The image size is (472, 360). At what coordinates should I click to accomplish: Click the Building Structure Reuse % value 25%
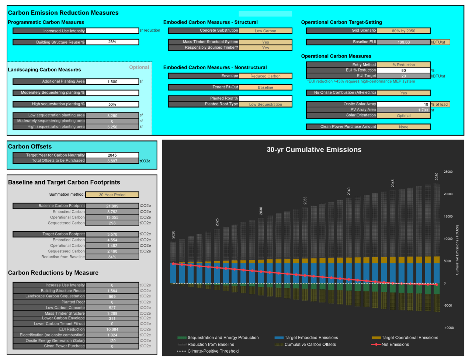coord(112,42)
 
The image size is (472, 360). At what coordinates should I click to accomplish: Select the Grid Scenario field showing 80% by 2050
coord(403,31)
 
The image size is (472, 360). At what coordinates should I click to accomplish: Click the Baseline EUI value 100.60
coord(403,42)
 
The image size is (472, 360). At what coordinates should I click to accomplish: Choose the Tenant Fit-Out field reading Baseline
coord(265,87)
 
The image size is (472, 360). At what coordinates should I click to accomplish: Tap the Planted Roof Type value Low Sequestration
coord(265,104)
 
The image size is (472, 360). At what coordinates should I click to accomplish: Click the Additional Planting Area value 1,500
coord(112,82)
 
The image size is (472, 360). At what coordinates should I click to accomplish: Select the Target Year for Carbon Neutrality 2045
coord(112,155)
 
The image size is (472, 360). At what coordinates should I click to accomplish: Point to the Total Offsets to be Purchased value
coord(112,161)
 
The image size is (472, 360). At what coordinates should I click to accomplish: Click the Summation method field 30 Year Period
coord(112,195)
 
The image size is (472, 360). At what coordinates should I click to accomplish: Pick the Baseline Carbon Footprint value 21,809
coord(112,206)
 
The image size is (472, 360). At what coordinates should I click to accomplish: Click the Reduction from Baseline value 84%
coord(112,257)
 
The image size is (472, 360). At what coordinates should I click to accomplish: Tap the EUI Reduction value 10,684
coord(112,329)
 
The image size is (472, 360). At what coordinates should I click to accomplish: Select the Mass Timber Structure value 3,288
coord(112,314)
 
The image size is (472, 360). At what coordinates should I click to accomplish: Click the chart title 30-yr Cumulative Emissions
coord(314,150)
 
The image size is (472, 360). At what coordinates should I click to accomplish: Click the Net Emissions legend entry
coord(395,345)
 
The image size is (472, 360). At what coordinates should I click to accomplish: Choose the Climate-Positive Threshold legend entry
coord(213,351)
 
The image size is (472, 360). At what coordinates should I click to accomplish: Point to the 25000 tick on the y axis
coord(448,172)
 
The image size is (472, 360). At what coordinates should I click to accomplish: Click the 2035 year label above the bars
coord(305,200)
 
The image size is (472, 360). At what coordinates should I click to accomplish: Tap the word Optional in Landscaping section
coord(139,67)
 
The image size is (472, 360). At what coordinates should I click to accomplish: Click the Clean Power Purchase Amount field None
coord(403,127)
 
